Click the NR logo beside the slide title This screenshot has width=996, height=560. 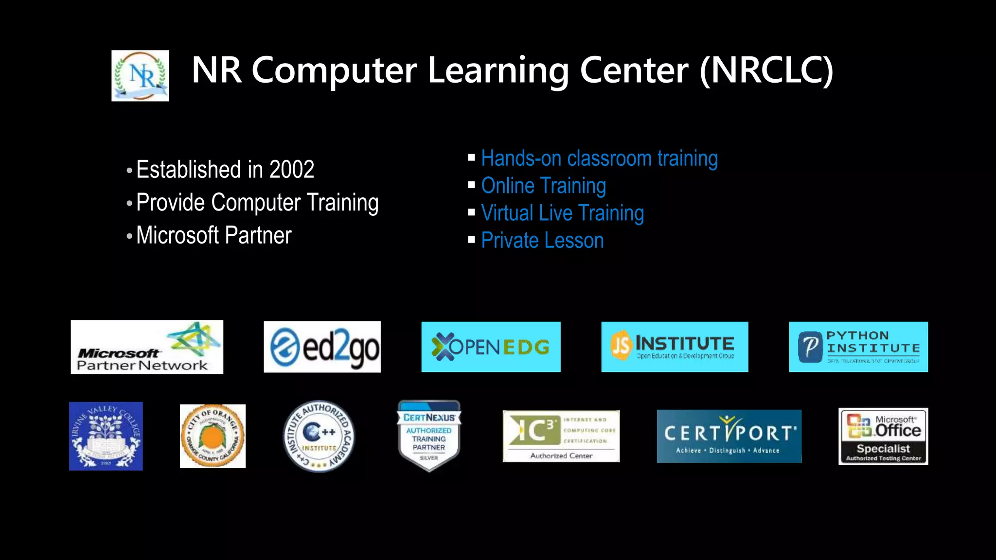pos(140,76)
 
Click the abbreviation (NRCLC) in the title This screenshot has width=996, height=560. pos(766,71)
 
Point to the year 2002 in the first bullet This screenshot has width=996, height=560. pos(292,170)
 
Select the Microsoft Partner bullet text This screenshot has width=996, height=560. pos(213,236)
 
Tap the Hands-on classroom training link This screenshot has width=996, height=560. pos(599,158)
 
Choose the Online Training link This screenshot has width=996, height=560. pos(543,186)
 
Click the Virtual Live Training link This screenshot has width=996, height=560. pos(562,213)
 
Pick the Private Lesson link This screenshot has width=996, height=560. pos(542,241)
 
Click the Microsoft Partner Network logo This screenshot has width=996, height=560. pos(147,347)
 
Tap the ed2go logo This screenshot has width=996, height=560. pos(322,347)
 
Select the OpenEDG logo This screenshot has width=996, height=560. pos(491,347)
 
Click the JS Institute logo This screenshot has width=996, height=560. pos(675,347)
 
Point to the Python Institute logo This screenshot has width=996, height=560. pos(858,347)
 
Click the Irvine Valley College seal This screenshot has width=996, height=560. pos(106,436)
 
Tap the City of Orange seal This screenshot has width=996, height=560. pos(213,436)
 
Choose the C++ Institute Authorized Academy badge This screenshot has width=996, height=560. pos(319,436)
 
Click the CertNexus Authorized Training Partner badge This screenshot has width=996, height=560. pos(429,436)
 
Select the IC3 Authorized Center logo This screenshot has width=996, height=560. pos(561,436)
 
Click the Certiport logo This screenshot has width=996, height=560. pos(729,436)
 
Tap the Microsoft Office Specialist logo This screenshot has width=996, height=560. pos(883,436)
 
